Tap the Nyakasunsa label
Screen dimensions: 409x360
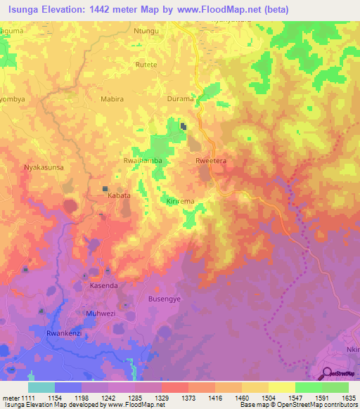point(45,168)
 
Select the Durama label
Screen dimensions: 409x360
point(180,99)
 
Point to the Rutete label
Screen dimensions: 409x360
point(146,64)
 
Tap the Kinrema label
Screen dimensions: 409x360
point(181,201)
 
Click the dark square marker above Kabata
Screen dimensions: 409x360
point(105,189)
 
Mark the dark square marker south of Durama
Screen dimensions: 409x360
point(184,126)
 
